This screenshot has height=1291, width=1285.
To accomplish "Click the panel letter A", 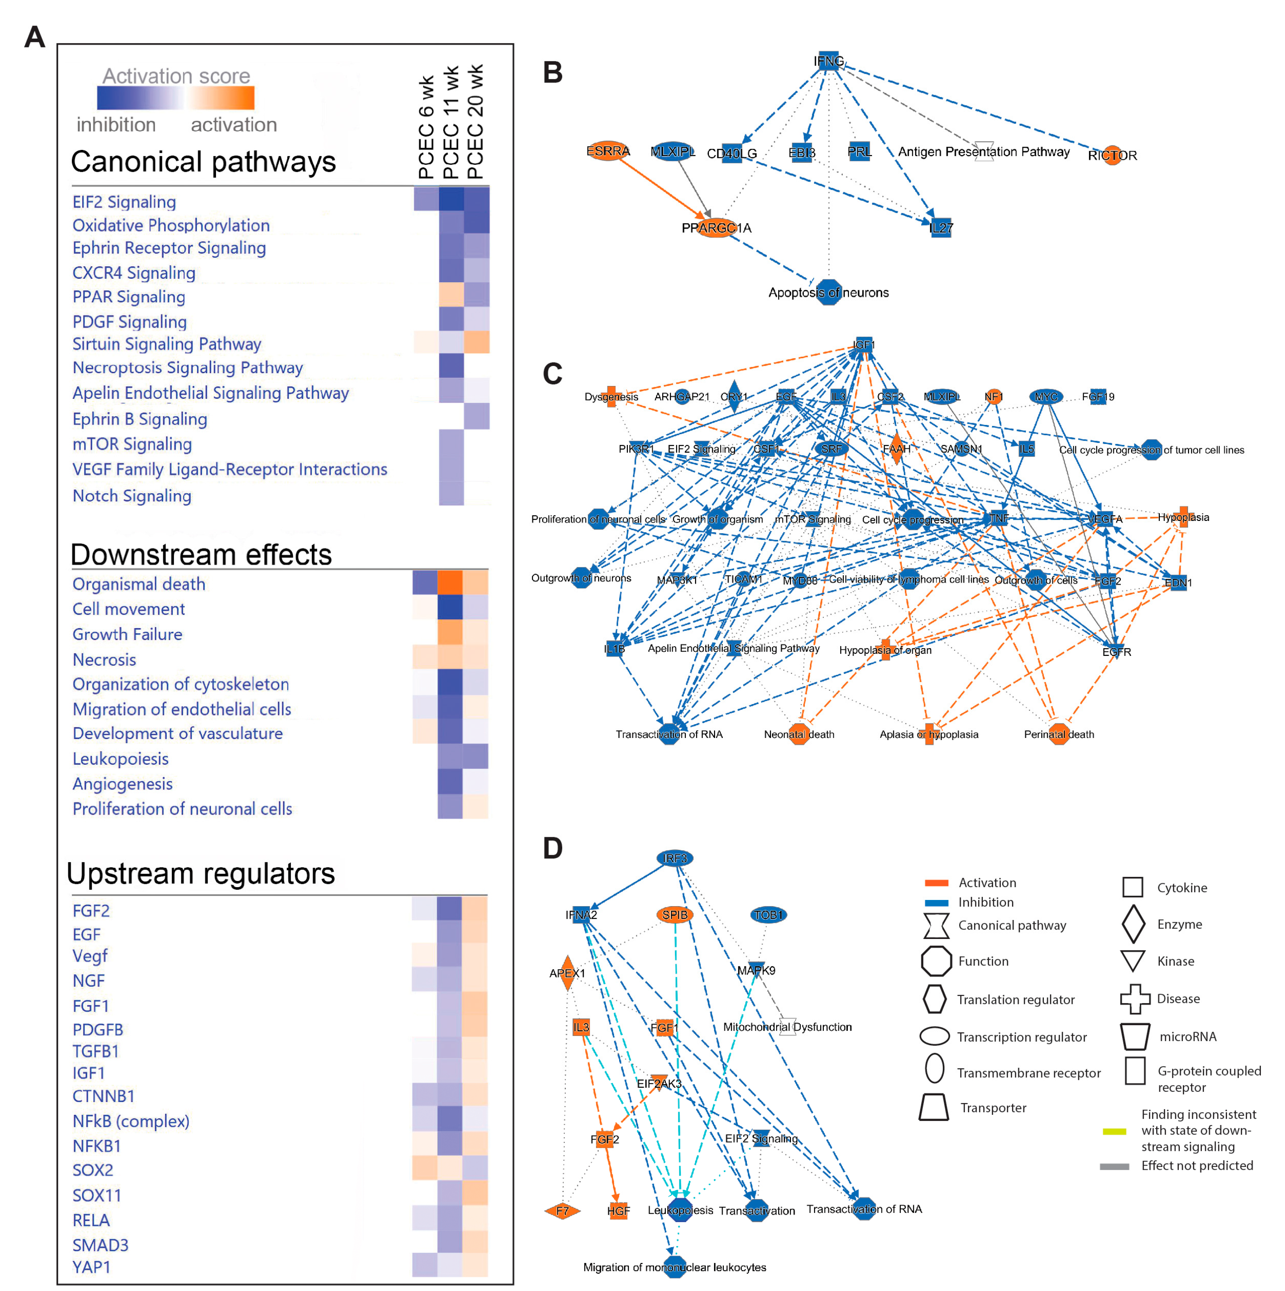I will click(35, 37).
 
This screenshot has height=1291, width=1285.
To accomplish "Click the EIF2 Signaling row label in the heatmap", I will click(124, 202).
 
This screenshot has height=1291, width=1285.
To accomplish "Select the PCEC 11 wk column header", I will click(451, 122).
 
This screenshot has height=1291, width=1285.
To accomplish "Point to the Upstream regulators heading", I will click(200, 873).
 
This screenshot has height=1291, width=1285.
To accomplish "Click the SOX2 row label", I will click(93, 1170).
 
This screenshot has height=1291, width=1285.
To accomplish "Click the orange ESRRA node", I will click(607, 151).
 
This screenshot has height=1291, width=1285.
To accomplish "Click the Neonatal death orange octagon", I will click(799, 734).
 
